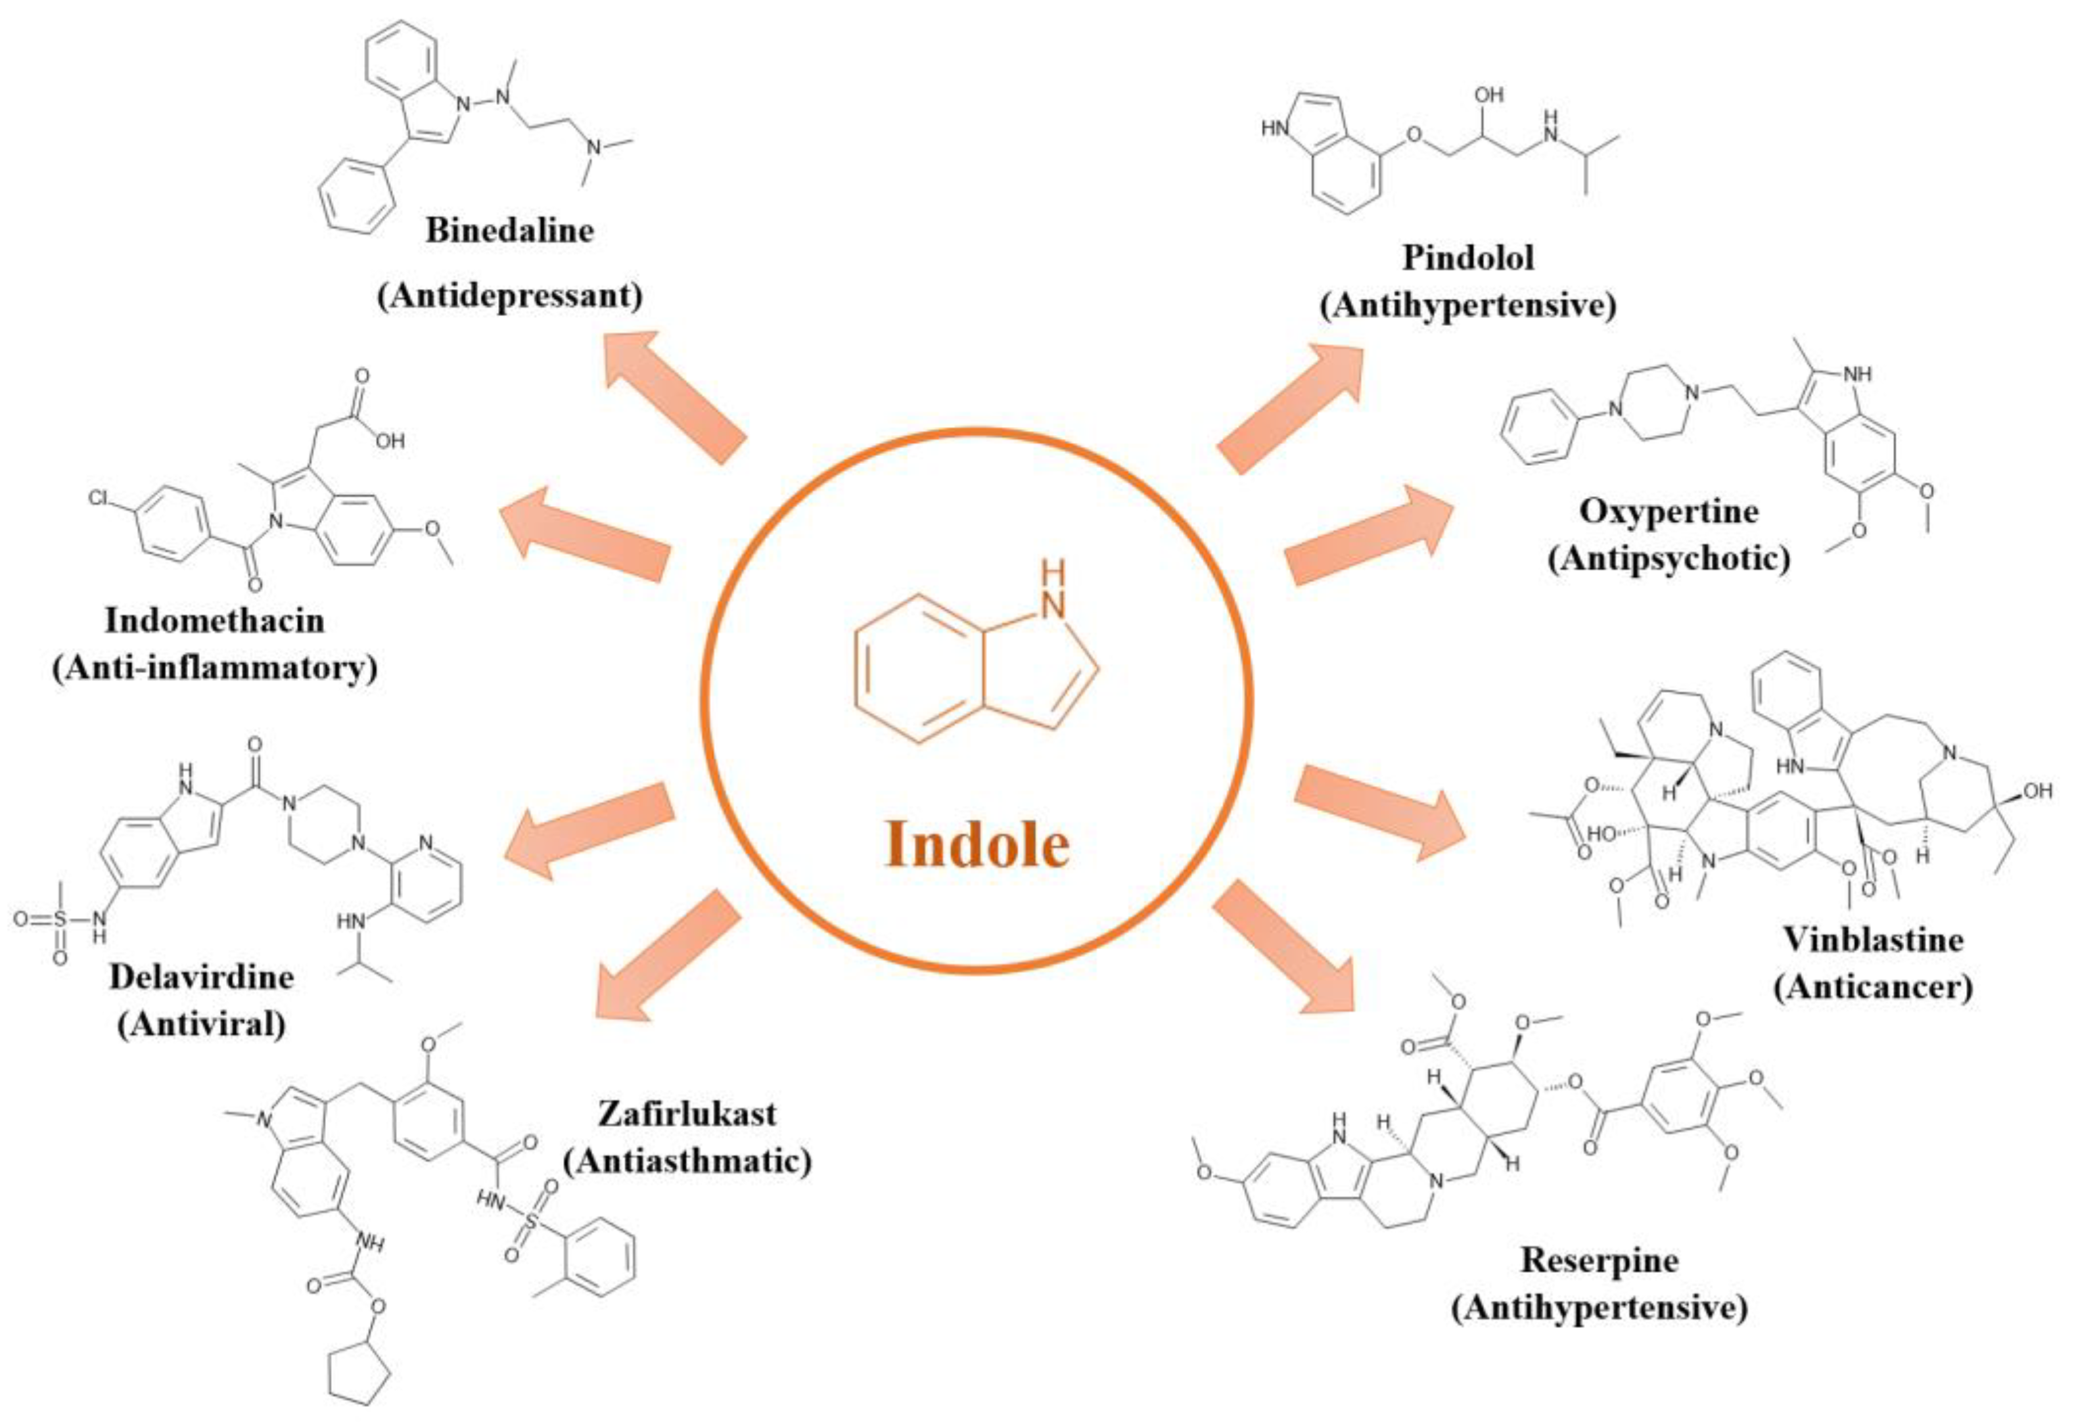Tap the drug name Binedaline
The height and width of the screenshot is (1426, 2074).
point(509,231)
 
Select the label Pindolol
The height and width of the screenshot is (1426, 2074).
point(1467,258)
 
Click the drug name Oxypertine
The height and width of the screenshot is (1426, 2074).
point(1669,511)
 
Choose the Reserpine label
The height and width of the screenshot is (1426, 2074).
point(1599,1260)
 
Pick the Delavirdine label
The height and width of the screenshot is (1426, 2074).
point(201,977)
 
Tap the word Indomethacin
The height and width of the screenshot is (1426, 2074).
point(214,620)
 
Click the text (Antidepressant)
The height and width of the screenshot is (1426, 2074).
point(509,296)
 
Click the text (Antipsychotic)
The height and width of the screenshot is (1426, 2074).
point(1669,559)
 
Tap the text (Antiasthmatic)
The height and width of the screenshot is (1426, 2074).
point(687,1162)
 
